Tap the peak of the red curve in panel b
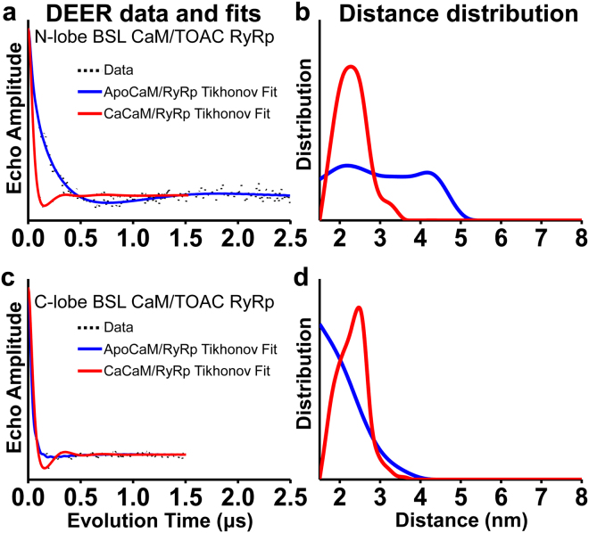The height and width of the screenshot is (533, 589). coord(351,66)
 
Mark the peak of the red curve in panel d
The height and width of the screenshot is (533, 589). coord(359,307)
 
